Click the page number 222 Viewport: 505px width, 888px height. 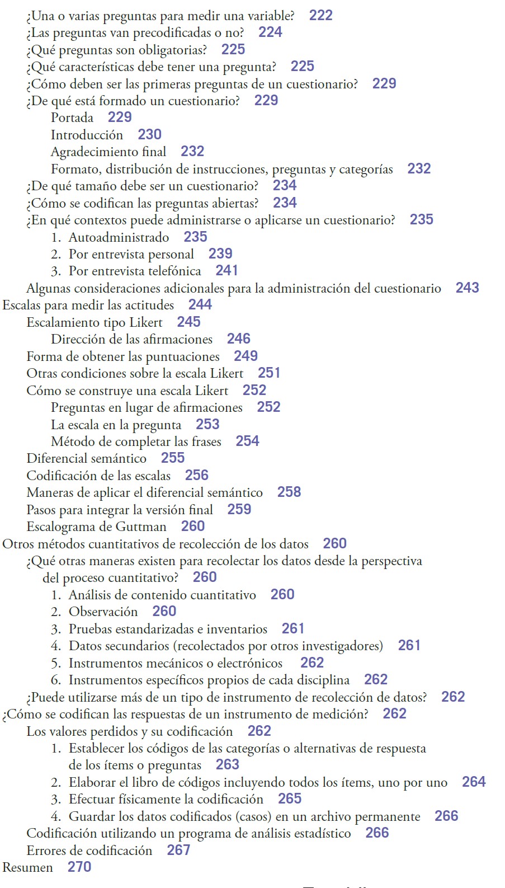tap(320, 15)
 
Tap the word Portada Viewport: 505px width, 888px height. tap(72, 118)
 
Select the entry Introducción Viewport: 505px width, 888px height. tap(87, 135)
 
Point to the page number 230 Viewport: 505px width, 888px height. tap(149, 135)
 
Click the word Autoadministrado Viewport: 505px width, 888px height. tap(119, 237)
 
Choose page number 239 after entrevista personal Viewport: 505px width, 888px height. tap(220, 254)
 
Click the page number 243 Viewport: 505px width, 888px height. tap(467, 288)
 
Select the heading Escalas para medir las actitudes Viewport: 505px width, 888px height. tap(88, 306)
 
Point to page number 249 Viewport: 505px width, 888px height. tap(246, 356)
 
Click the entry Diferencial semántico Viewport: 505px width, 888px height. tap(87, 459)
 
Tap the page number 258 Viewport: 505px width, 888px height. tap(289, 492)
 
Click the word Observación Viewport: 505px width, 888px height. tap(103, 612)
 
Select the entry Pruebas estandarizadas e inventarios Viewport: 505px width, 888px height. tap(168, 629)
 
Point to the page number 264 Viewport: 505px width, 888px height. tap(474, 782)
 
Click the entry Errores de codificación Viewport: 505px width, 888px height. tap(89, 851)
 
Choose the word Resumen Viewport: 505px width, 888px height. tap(28, 867)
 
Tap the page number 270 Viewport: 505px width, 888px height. tap(79, 867)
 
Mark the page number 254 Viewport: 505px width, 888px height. tap(247, 441)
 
